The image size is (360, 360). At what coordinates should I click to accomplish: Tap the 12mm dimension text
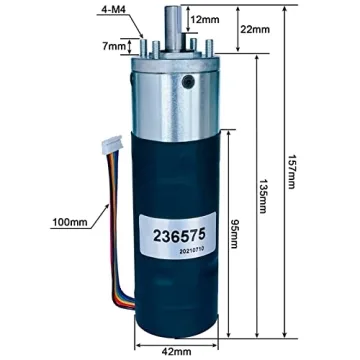pos(204,20)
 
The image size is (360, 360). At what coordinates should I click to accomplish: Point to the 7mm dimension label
pos(116,46)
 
